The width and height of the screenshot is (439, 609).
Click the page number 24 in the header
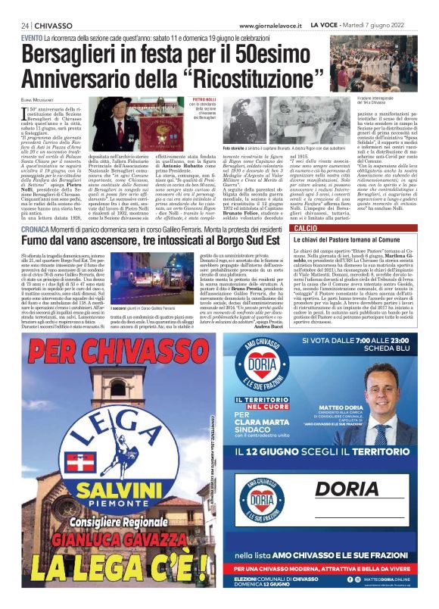(25, 26)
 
